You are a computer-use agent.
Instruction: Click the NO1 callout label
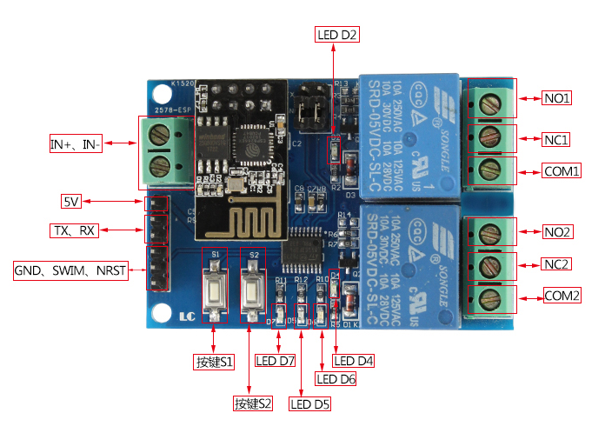(557, 98)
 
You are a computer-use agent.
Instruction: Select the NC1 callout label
(557, 138)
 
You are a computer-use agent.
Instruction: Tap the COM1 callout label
(562, 170)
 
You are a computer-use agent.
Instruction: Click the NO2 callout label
(557, 231)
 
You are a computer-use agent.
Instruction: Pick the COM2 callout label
(562, 296)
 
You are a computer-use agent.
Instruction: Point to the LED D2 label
(336, 35)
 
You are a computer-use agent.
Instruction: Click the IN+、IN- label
(76, 145)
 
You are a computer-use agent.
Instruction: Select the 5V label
(70, 202)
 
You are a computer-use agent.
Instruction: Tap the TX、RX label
(73, 230)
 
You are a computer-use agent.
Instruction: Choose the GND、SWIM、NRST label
(70, 271)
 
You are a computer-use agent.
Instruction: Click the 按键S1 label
(213, 361)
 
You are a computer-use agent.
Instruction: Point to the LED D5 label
(310, 403)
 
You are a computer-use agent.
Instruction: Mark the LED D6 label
(336, 378)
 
